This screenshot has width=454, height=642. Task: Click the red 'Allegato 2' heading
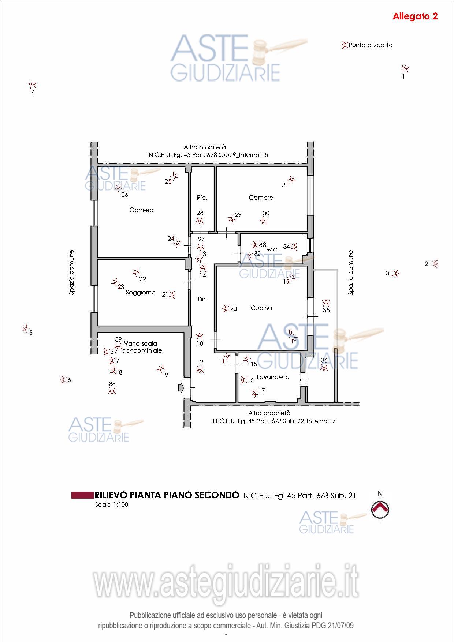coord(415,16)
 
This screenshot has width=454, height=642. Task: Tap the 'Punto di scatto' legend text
coord(371,45)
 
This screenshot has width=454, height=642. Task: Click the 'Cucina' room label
coord(261,308)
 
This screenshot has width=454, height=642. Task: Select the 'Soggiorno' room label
coord(141,292)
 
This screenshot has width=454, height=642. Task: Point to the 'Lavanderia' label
coord(273,377)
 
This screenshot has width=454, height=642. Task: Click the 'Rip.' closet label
coord(202,198)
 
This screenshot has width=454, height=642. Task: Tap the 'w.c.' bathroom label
coord(273,249)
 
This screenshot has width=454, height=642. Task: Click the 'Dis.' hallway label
coord(202,299)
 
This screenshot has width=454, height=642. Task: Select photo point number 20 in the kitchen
coord(226,308)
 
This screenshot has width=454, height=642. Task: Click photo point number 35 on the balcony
coord(326,303)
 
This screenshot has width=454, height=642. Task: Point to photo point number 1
coord(405,68)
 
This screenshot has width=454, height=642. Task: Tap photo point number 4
coord(33,85)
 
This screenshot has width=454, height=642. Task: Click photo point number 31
coord(292,180)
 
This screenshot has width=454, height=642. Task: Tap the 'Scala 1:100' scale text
coord(112,504)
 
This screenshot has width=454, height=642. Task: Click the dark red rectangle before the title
coord(82,495)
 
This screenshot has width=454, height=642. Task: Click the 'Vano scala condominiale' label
coord(141,347)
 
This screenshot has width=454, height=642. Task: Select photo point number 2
coord(435,264)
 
